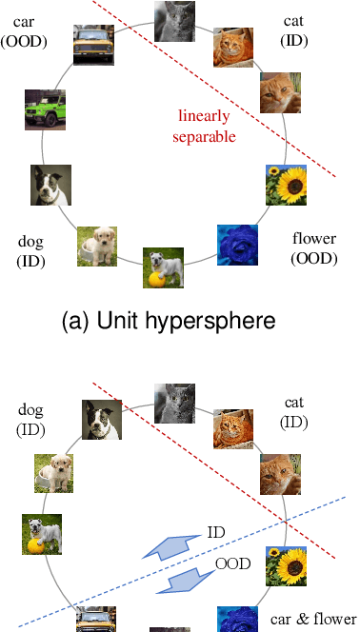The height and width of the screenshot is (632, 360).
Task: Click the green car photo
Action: [45, 109]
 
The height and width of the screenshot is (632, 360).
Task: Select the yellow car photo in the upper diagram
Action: [93, 44]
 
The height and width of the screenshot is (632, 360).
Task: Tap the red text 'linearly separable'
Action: [205, 127]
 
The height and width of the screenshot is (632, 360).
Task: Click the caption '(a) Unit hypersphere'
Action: [168, 322]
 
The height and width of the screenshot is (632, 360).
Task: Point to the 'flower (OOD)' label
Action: [314, 247]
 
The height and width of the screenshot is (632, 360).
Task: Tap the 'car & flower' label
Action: [313, 618]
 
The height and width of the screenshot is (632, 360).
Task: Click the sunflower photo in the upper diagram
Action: [285, 185]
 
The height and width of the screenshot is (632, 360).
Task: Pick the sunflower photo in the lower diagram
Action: [285, 565]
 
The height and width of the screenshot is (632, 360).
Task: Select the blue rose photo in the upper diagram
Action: [237, 244]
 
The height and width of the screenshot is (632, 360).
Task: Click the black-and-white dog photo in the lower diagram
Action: [102, 419]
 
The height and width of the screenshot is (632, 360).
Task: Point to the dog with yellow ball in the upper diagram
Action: [163, 267]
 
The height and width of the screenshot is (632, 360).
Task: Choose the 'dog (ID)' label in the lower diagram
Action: [31, 420]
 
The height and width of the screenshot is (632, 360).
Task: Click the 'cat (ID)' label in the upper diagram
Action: [293, 30]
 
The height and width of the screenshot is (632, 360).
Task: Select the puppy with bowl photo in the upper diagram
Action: [97, 246]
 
